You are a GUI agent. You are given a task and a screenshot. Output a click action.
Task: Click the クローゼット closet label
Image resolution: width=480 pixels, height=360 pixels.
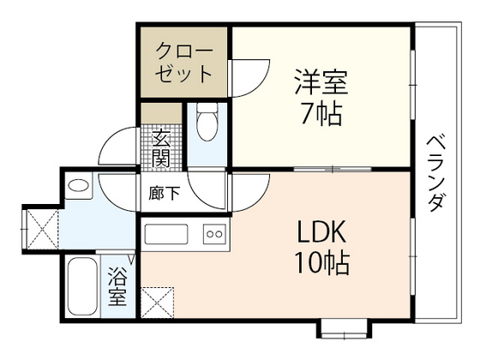pyautogui.click(x=183, y=61)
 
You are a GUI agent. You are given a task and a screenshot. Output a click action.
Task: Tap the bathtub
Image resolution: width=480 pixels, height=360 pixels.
pyautogui.click(x=83, y=287)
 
